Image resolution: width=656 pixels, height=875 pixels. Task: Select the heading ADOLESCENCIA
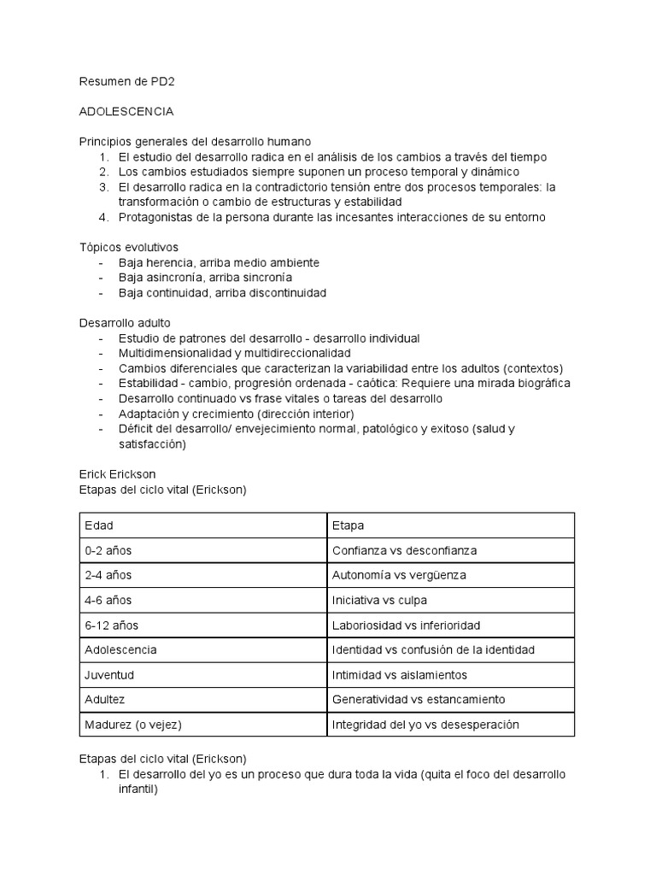126,112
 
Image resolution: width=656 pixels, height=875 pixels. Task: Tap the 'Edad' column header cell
99,526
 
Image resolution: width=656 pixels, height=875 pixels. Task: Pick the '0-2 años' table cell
108,550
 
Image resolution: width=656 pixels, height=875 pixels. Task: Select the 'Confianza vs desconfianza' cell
404,550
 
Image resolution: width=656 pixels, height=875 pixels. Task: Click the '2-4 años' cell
108,575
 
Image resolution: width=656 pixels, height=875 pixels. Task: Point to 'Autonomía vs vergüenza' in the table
399,575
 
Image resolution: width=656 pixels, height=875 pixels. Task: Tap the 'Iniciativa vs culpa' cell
379,600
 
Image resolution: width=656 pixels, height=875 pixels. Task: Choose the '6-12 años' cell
111,625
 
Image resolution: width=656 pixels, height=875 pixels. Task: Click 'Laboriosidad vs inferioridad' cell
406,625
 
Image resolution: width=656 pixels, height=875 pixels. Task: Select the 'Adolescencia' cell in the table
120,649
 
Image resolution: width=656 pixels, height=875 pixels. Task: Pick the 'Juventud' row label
109,675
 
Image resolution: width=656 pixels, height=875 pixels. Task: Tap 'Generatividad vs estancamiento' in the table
419,700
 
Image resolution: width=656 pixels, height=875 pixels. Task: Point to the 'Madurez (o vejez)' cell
133,725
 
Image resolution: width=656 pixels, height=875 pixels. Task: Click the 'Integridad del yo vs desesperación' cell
425,725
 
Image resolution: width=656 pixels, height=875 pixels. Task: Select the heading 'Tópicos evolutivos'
128,247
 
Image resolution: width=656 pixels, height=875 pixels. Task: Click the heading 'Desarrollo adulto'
125,323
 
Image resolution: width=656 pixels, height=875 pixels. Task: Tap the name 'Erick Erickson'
117,474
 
